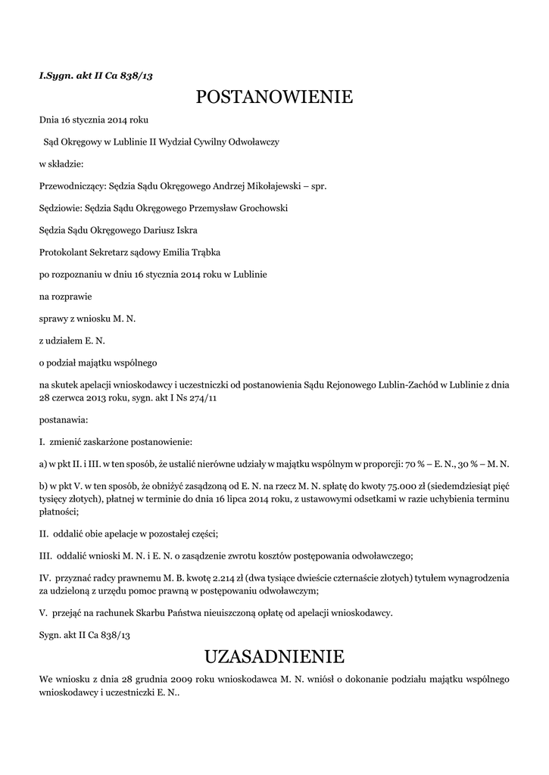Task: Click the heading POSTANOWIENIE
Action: pyautogui.click(x=274, y=98)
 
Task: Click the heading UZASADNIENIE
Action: pyautogui.click(x=274, y=655)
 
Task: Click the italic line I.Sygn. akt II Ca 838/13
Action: pyautogui.click(x=95, y=76)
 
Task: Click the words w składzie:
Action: pyautogui.click(x=61, y=163)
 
